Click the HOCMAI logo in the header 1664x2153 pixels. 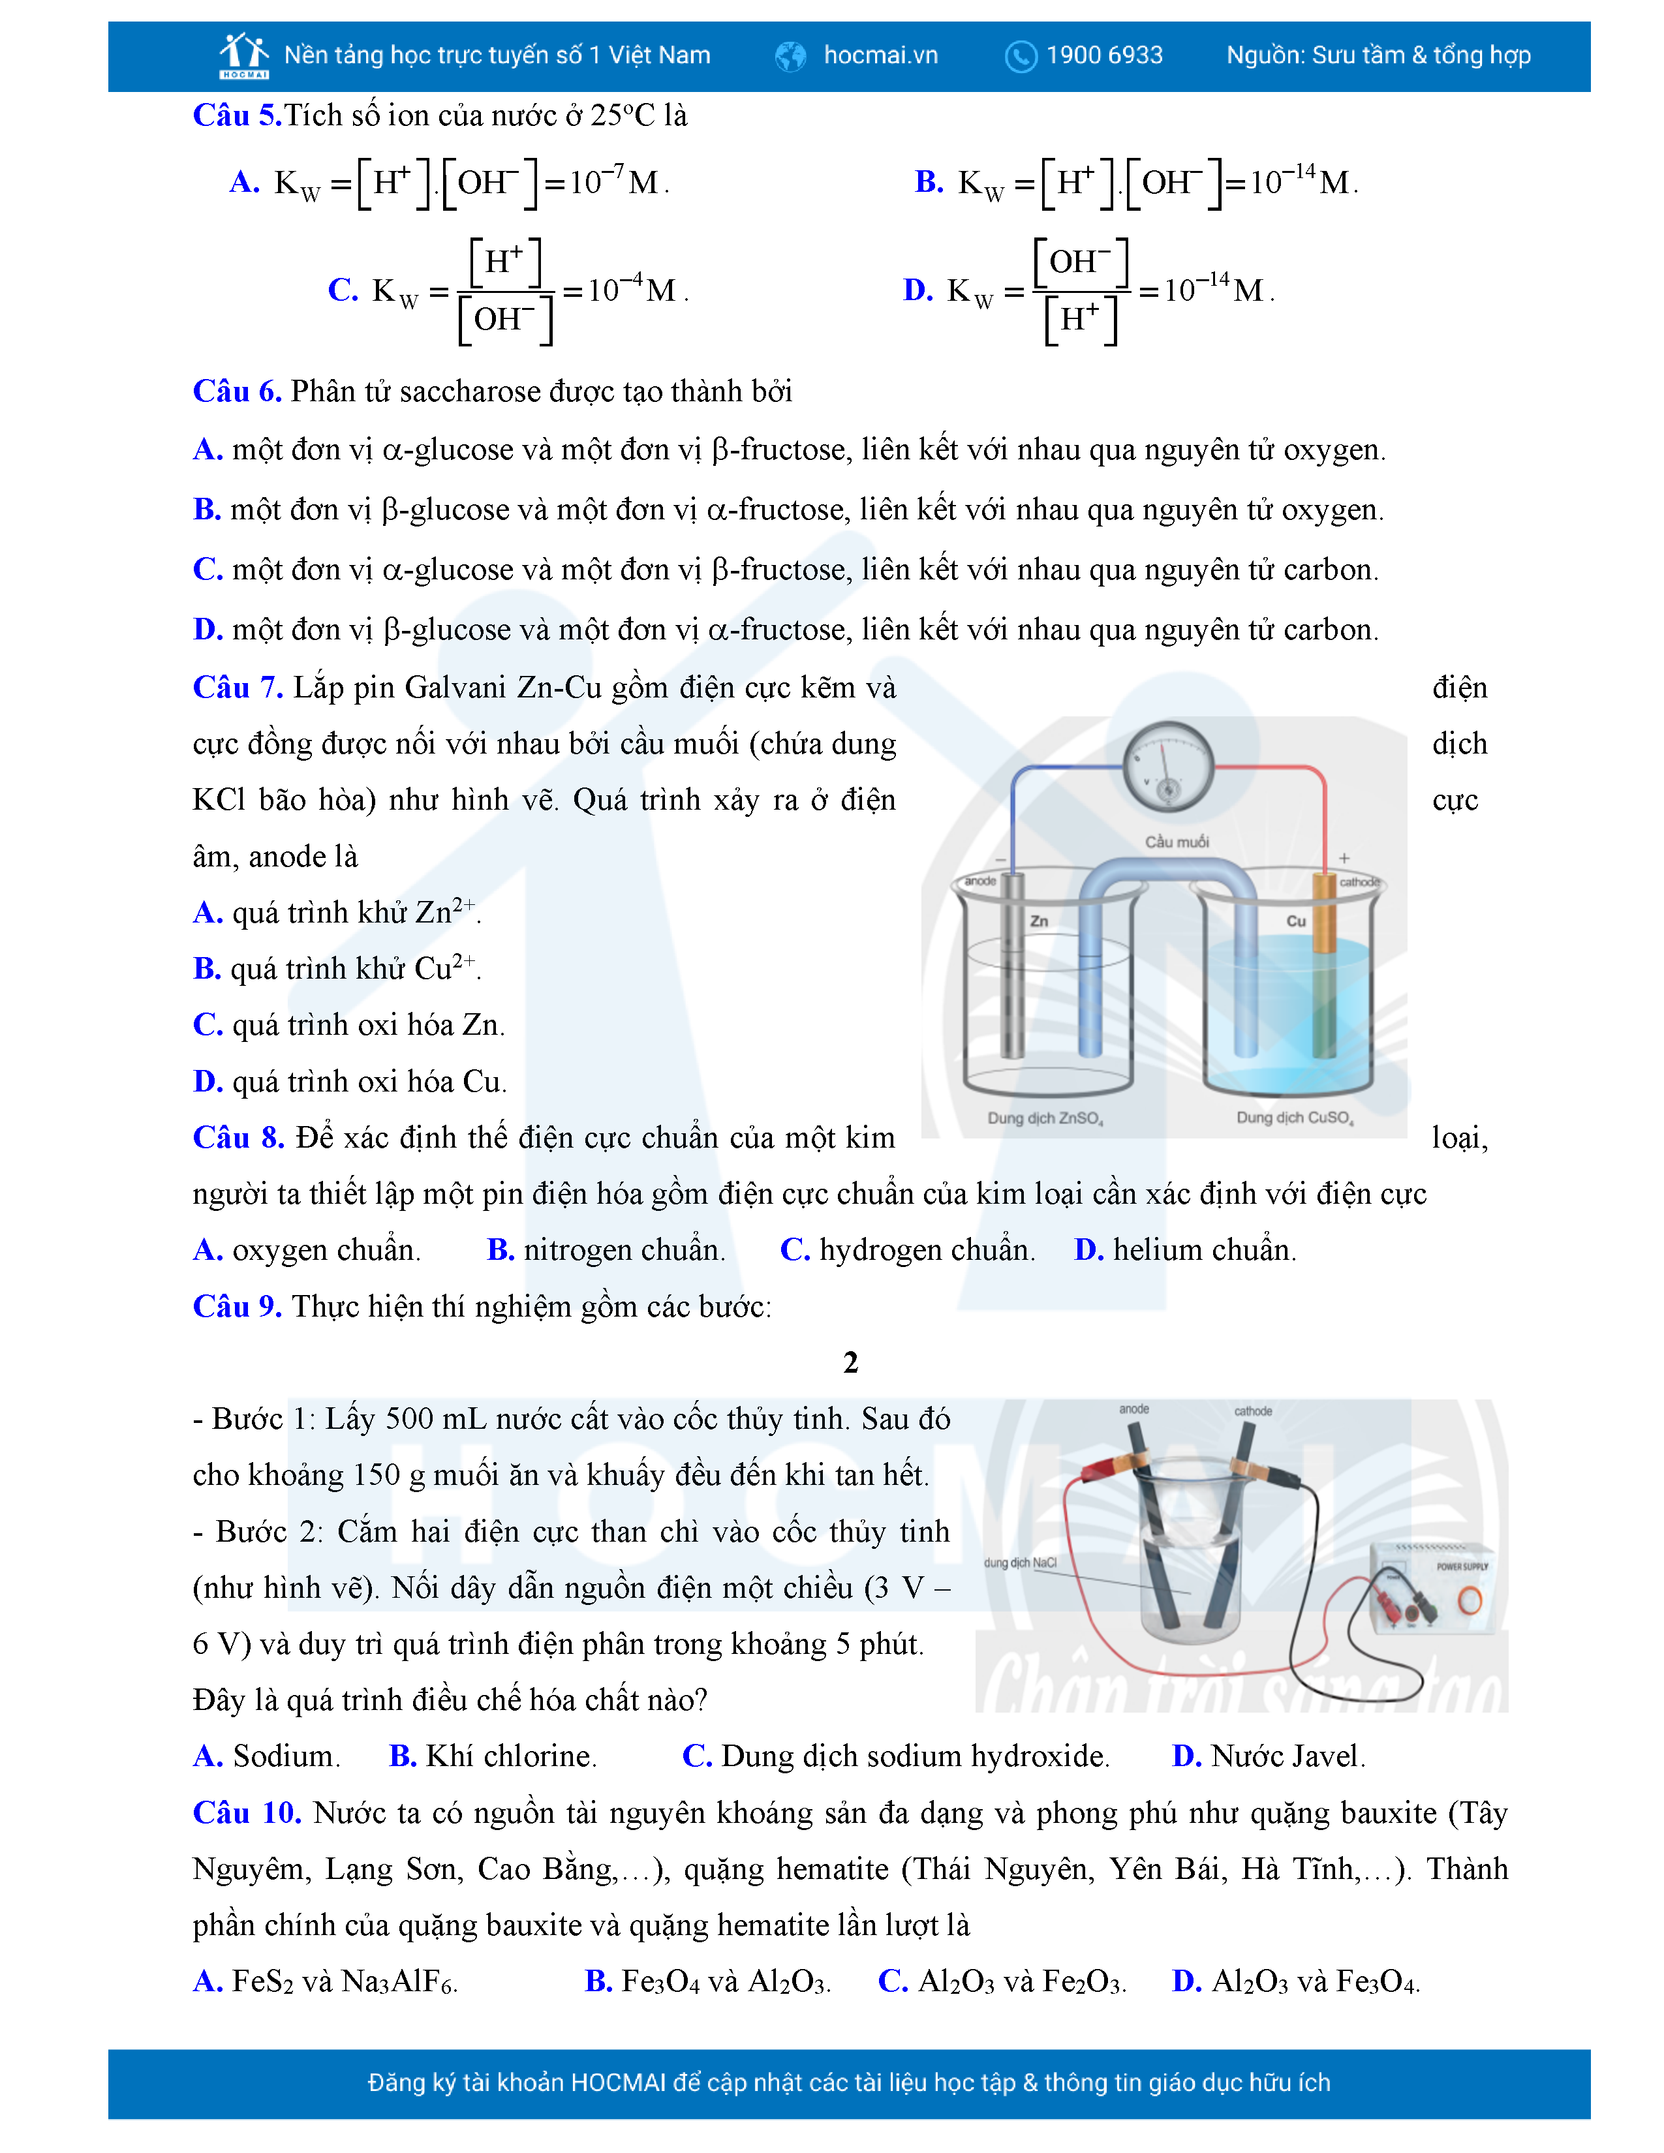click(x=243, y=55)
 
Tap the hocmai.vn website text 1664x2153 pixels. click(x=880, y=55)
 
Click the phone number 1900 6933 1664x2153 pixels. click(x=1104, y=55)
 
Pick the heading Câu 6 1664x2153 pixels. click(x=237, y=391)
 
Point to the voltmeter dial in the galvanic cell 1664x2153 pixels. click(x=1168, y=767)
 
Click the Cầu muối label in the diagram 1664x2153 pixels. click(x=1176, y=841)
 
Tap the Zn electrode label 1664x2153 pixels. click(x=1039, y=921)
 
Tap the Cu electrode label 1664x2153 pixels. click(x=1297, y=921)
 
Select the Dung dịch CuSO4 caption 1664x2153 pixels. click(x=1295, y=1118)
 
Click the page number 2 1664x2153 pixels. click(x=851, y=1362)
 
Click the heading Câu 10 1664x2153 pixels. click(x=247, y=1813)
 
